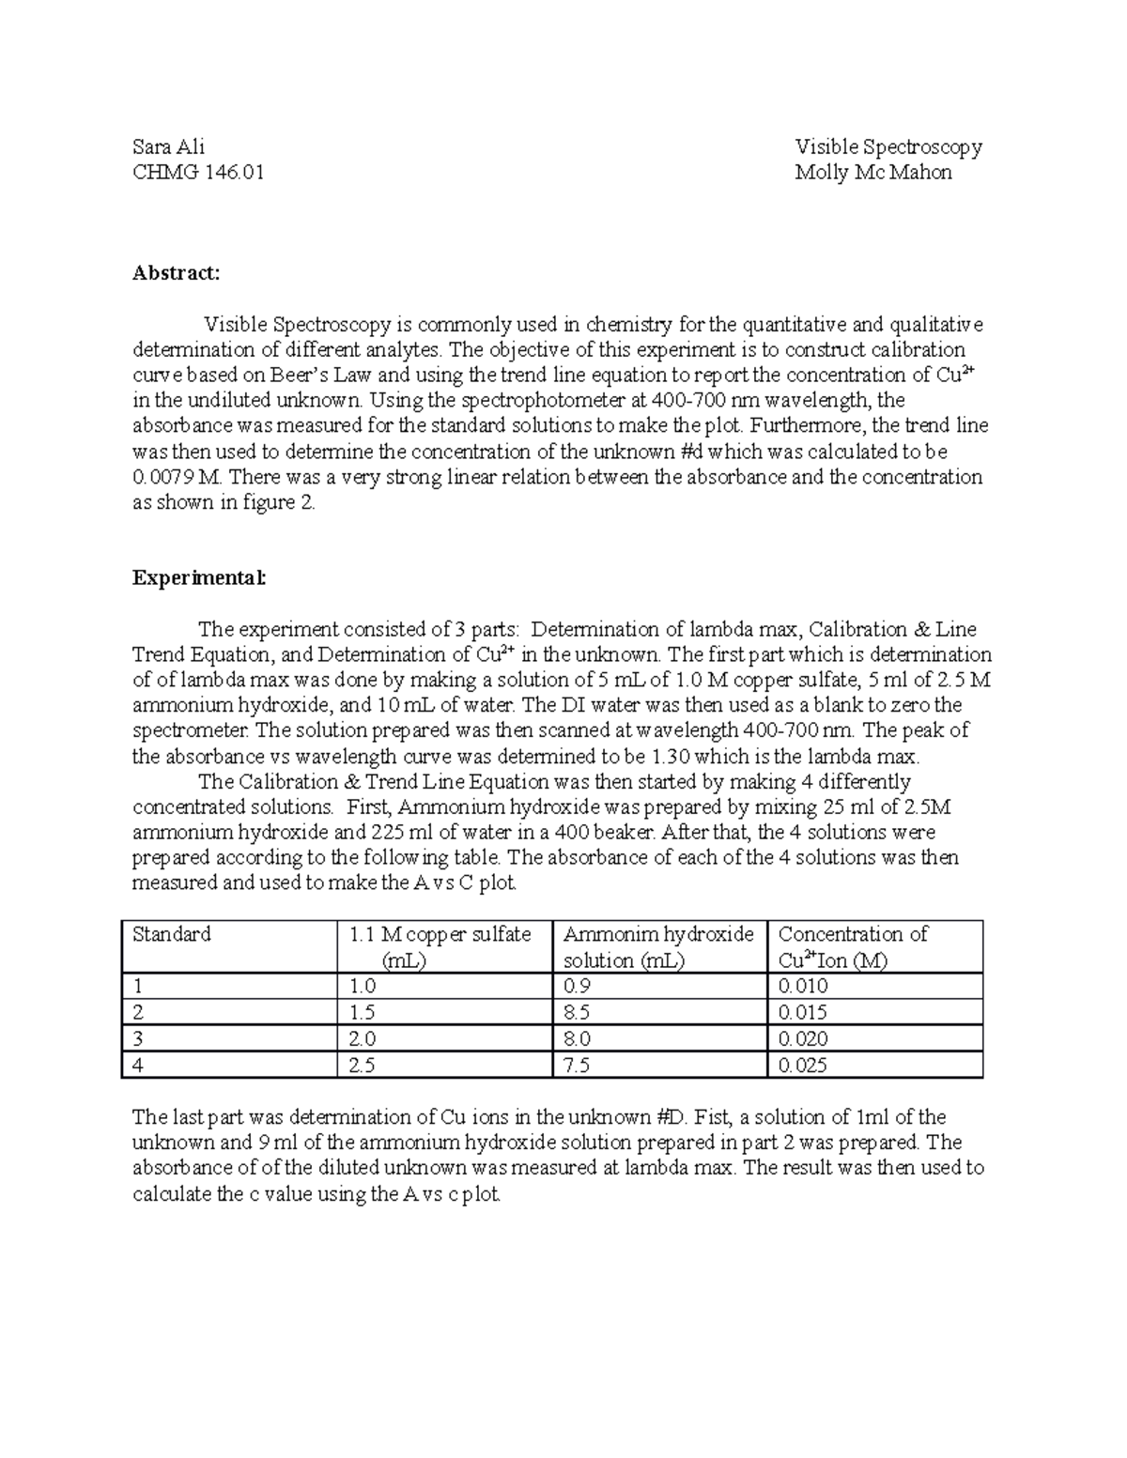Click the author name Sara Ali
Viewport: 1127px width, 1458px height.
pyautogui.click(x=168, y=146)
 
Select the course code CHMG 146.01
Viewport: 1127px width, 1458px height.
pyautogui.click(x=198, y=173)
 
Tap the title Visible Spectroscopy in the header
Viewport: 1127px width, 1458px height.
pyautogui.click(x=888, y=146)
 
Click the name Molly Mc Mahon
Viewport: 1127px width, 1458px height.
pyautogui.click(x=872, y=173)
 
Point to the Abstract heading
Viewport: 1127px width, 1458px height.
pyautogui.click(x=176, y=273)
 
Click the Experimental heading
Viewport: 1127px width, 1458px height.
pyautogui.click(x=199, y=578)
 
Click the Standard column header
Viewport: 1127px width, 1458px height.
pyautogui.click(x=172, y=934)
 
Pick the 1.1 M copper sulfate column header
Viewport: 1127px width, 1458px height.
pyautogui.click(x=440, y=946)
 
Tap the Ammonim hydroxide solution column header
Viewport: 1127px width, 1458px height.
pyautogui.click(x=657, y=946)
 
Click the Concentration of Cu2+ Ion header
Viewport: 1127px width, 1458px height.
pyautogui.click(x=852, y=946)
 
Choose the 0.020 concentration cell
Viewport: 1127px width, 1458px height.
pyautogui.click(x=803, y=1039)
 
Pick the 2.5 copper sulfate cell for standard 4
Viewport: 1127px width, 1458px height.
pyautogui.click(x=362, y=1066)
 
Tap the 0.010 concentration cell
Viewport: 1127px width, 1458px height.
pyautogui.click(x=803, y=987)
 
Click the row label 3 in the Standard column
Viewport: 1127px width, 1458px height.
pyautogui.click(x=138, y=1039)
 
